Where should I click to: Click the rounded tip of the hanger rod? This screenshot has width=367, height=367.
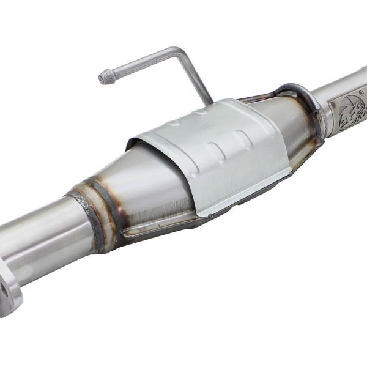click(x=105, y=76)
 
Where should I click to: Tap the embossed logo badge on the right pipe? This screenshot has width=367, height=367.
click(x=347, y=111)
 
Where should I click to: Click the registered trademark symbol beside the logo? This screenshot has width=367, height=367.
click(x=360, y=94)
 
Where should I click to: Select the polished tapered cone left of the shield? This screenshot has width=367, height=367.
click(x=153, y=183)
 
